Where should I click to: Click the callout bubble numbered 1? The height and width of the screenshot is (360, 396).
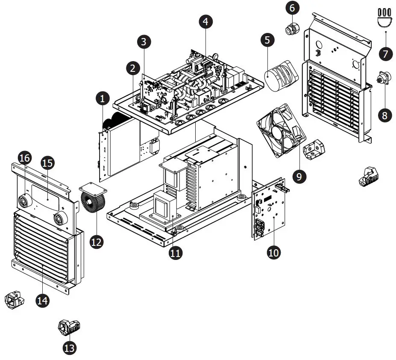click(102, 99)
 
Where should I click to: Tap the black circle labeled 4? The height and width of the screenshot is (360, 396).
click(205, 22)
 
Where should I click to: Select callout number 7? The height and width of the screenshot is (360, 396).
click(385, 54)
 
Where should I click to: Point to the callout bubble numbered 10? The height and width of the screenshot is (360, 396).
click(274, 253)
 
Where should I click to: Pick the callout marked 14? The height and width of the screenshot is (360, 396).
click(42, 301)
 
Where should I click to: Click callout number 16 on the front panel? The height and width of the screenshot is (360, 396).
click(25, 158)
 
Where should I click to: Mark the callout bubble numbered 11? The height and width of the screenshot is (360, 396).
click(175, 253)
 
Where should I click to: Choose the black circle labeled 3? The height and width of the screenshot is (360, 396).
click(144, 41)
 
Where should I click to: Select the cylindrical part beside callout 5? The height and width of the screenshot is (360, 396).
click(278, 76)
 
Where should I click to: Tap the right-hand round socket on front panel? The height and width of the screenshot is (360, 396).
click(59, 219)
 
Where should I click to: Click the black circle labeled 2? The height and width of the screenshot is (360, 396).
click(133, 68)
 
